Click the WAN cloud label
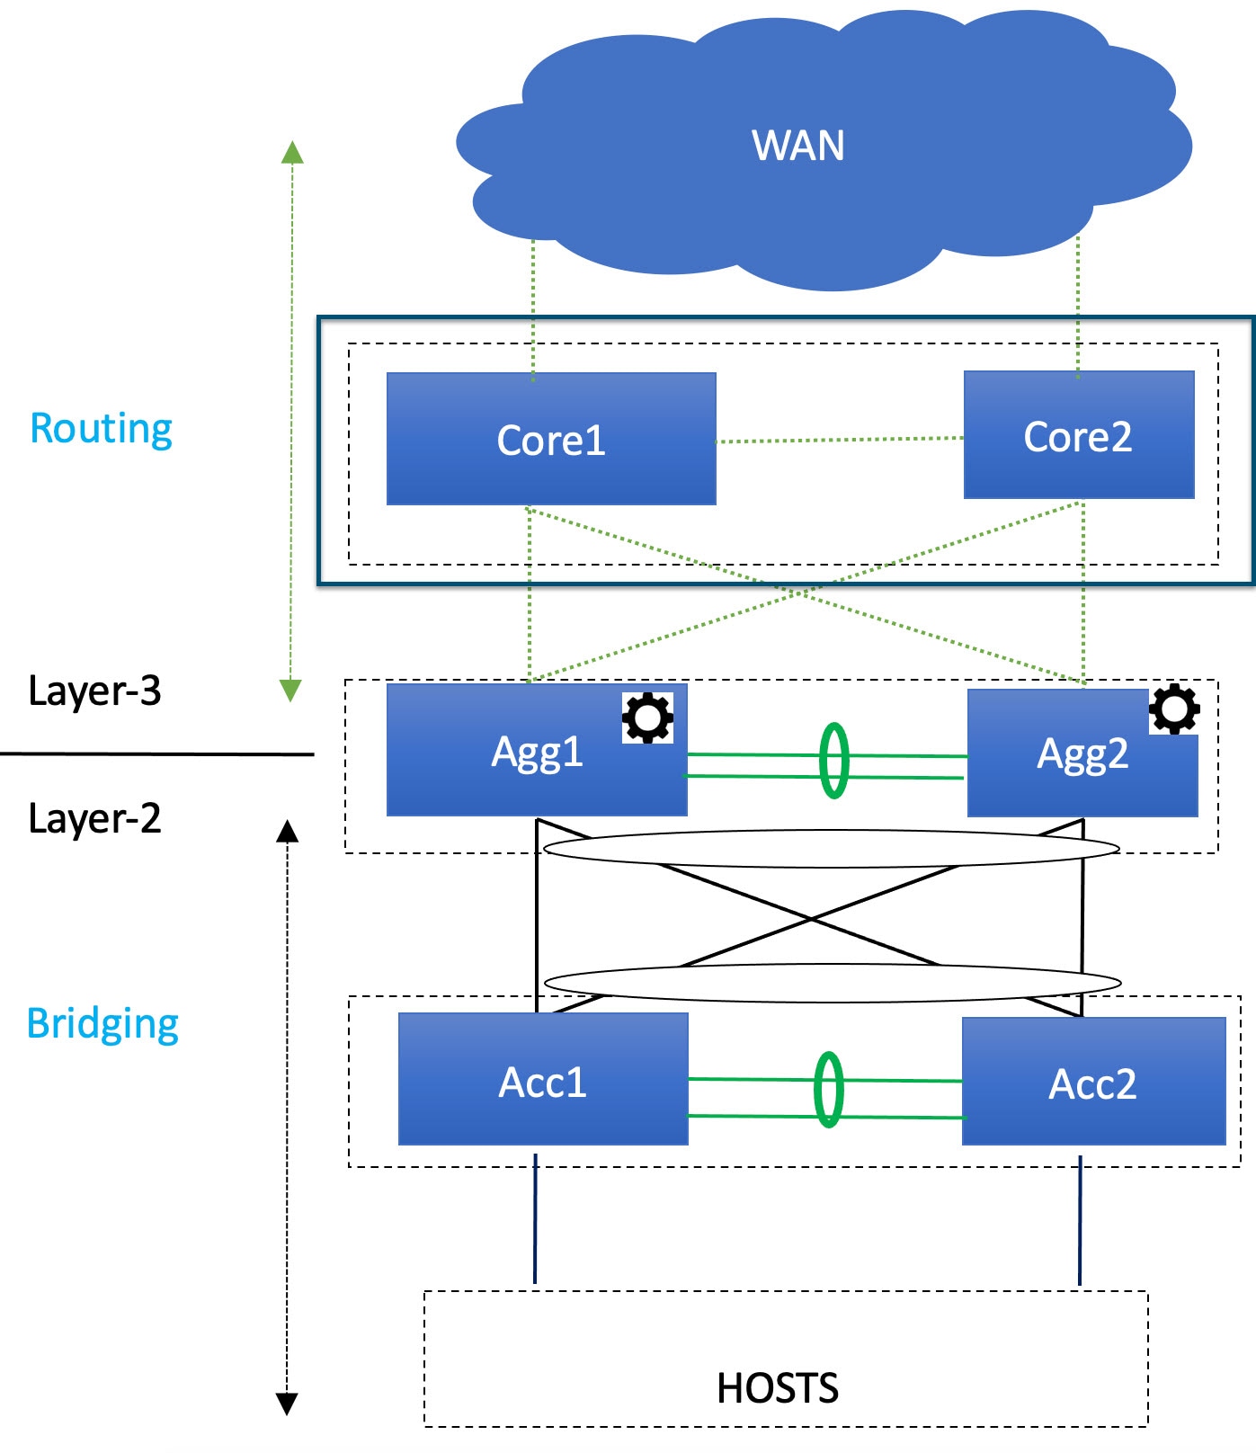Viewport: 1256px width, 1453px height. click(798, 146)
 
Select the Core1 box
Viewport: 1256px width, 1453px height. click(551, 439)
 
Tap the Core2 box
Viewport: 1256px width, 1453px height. click(1079, 435)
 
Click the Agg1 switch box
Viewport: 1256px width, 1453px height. click(537, 750)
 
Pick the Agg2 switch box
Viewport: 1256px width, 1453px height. click(1082, 753)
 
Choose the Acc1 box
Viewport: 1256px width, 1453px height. click(543, 1079)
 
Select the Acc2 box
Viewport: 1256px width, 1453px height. click(1094, 1082)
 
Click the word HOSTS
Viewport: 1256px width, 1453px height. click(778, 1388)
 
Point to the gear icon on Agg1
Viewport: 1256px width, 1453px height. click(647, 718)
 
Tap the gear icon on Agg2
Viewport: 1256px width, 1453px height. click(1174, 709)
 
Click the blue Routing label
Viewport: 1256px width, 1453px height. click(101, 429)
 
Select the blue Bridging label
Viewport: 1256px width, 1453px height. click(102, 1024)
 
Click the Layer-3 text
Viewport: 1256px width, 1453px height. click(94, 691)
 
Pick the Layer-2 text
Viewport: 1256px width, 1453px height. click(94, 818)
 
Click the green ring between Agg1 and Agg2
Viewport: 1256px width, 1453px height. click(833, 761)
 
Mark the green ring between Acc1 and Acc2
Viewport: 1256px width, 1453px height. click(828, 1090)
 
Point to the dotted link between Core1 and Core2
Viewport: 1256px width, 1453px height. click(840, 440)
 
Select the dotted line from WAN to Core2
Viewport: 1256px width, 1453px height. click(1078, 307)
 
